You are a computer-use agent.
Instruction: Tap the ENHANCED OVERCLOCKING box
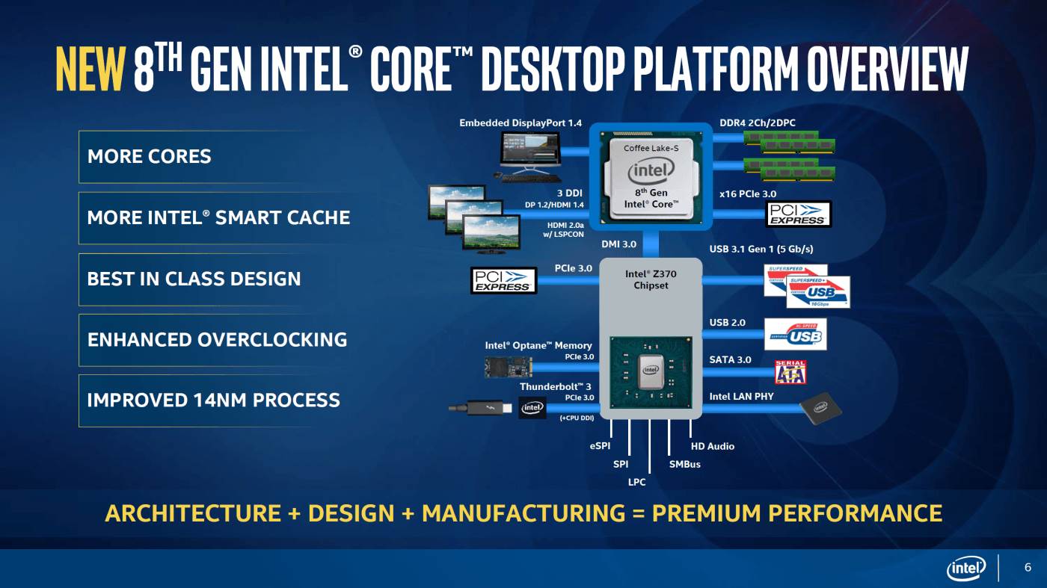coord(217,340)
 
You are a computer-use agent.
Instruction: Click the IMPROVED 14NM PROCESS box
coord(213,400)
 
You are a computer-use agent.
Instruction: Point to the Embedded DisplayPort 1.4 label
coord(521,123)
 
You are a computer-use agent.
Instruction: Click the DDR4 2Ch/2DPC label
coord(761,123)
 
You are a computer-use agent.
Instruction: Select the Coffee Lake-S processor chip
coord(650,178)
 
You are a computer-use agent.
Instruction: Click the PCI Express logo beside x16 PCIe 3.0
coord(799,214)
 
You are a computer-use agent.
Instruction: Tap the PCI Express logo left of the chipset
coord(503,280)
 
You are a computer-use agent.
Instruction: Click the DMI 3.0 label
coord(618,244)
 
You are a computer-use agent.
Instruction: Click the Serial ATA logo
coord(790,372)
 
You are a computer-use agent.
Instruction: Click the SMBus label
coord(684,465)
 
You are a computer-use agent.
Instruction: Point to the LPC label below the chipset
coord(636,483)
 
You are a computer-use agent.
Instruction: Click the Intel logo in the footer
coord(966,569)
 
